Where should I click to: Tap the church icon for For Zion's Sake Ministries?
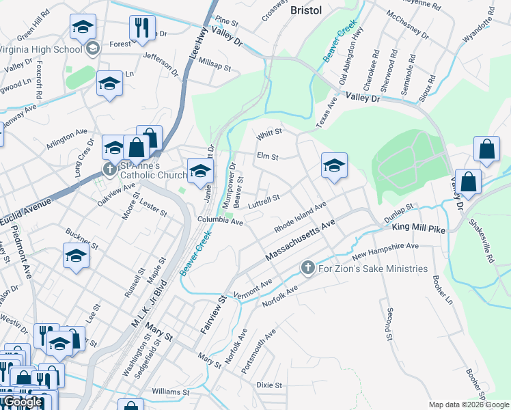click(x=307, y=268)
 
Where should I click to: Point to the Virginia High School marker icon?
click(x=93, y=49)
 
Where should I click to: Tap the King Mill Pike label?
click(x=419, y=228)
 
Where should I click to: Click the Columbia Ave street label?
click(x=221, y=221)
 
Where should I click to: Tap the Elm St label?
click(x=267, y=156)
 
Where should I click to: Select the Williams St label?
click(x=170, y=392)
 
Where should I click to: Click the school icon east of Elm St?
click(x=334, y=166)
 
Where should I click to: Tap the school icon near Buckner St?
click(x=76, y=256)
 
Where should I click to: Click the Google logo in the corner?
click(x=22, y=402)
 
